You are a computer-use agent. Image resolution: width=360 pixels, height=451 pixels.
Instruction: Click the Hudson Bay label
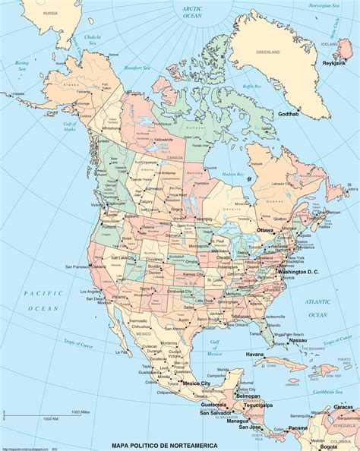coord(233,175)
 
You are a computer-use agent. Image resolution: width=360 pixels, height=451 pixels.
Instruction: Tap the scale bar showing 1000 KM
coord(51,418)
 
